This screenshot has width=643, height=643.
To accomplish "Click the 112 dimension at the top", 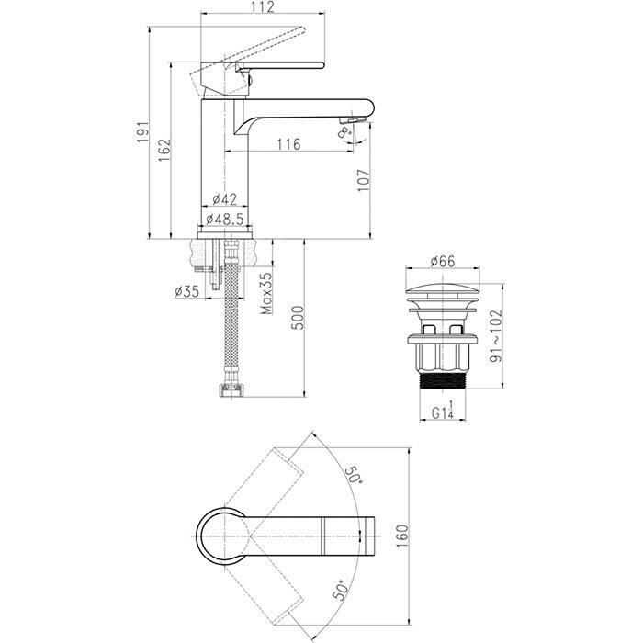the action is coord(263,6).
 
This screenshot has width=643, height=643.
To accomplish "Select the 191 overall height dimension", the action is coord(143,132).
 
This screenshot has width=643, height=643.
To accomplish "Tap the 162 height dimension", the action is coord(164,150).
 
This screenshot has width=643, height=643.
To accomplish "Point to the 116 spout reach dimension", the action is coord(288,144).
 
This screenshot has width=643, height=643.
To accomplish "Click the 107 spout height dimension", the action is coord(364,180).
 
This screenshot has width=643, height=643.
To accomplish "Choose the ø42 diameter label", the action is coord(225,199).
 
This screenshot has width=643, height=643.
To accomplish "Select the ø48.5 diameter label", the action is coord(225,220).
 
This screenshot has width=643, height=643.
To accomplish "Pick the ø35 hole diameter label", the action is coord(187,291).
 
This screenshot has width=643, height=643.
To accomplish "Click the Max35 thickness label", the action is coord(267,293).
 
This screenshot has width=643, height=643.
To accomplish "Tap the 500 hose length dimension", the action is coord(299,318).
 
